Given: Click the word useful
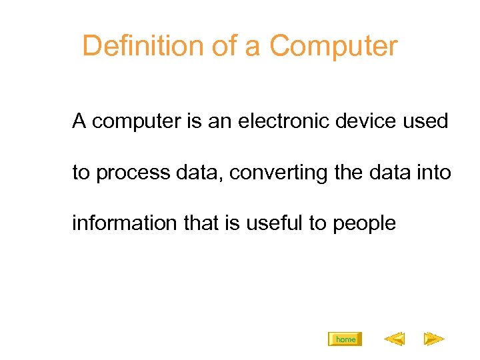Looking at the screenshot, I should (x=274, y=223).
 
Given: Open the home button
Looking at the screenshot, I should (x=345, y=339).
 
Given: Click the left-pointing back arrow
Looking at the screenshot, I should (x=394, y=340).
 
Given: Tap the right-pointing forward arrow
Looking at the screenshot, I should (x=434, y=340).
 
